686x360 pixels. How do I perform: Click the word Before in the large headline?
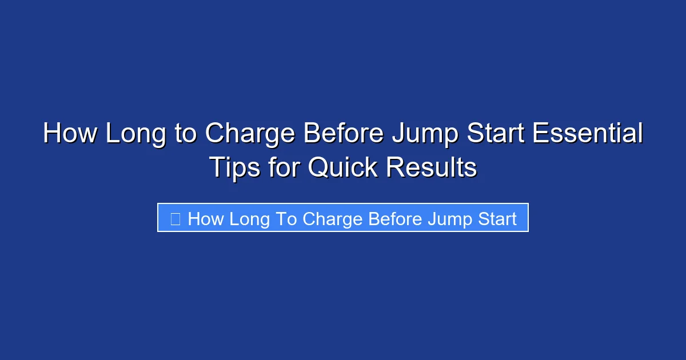[x=344, y=134]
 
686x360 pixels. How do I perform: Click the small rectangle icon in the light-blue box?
[x=176, y=219]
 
